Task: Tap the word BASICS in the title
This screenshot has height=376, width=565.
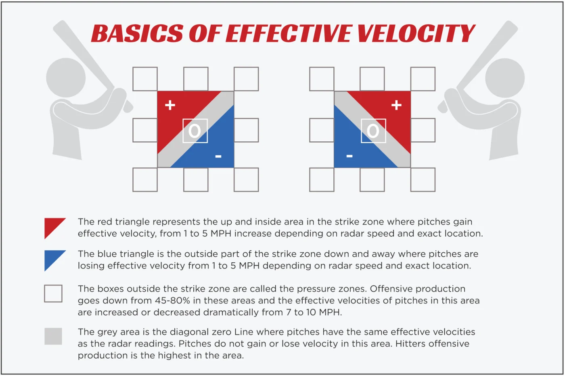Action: coord(138,33)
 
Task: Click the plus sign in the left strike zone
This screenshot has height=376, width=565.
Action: coord(170,105)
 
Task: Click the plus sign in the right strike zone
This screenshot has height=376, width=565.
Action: coord(396,105)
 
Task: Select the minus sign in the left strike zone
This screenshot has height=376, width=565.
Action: coord(218,156)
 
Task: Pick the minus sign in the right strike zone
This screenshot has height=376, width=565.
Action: coord(349,156)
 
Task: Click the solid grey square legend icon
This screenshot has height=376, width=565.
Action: coord(53,336)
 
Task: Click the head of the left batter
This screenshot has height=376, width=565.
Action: coord(66,77)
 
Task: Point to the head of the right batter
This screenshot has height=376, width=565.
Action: coord(505,78)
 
